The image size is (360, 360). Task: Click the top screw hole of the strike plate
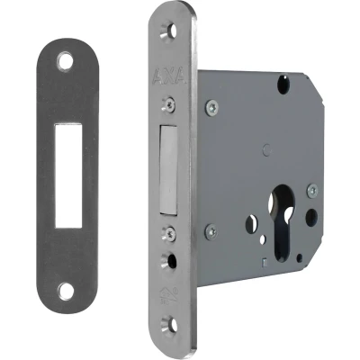tap(66, 61)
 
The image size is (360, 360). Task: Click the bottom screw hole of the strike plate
tap(66, 291)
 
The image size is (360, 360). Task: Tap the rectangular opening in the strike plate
tap(68, 175)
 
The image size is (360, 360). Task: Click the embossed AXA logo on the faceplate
tap(169, 77)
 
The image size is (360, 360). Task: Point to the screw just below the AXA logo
tap(168, 104)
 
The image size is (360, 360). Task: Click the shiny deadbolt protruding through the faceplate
tap(168, 170)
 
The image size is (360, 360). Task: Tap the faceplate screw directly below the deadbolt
tap(168, 232)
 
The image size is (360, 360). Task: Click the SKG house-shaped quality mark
tap(168, 295)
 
